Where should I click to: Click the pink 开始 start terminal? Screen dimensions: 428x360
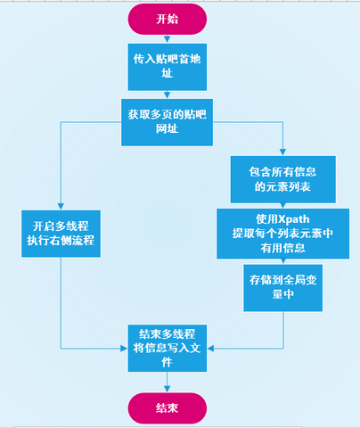(167, 19)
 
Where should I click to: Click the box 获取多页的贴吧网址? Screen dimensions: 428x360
(167, 122)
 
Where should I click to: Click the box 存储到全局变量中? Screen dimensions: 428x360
(282, 286)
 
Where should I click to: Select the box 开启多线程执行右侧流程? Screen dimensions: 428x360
(61, 234)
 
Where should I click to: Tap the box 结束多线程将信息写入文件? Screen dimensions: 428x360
(167, 343)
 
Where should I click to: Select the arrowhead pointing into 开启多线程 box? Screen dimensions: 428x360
(61, 205)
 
